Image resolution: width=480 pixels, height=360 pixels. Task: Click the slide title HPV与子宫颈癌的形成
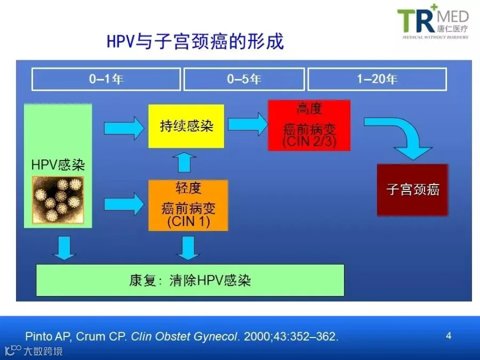(195, 41)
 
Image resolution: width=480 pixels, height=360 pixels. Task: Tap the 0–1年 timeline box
(106, 79)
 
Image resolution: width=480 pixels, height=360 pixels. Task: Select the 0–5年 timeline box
(244, 79)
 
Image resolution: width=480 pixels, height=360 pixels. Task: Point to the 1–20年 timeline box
(377, 79)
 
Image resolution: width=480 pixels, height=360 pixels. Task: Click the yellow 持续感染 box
(186, 126)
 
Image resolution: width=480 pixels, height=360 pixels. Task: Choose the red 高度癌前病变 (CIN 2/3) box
(309, 125)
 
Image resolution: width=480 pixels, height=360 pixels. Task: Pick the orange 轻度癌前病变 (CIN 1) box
(188, 205)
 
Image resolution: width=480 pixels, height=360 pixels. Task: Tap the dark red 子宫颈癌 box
(413, 190)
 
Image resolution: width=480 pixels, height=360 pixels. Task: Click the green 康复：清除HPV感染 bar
(190, 280)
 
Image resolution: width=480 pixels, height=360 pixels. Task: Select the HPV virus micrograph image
(58, 199)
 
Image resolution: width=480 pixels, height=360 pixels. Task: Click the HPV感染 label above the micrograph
(58, 165)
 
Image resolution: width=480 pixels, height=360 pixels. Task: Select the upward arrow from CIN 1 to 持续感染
(185, 162)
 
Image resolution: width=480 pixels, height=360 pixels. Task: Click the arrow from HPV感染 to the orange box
(124, 204)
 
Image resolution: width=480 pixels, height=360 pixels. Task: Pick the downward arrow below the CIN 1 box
(188, 248)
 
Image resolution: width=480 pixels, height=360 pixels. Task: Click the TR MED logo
(433, 21)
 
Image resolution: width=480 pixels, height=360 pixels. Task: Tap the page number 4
(449, 336)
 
